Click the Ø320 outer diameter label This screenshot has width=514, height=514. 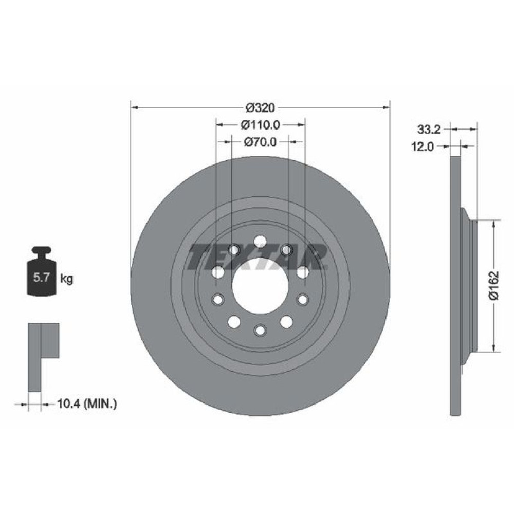[260, 107]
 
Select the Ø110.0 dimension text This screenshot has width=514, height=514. [260, 124]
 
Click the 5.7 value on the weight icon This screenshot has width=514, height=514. [41, 279]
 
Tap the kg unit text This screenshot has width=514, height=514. [67, 279]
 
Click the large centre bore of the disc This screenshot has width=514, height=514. [260, 286]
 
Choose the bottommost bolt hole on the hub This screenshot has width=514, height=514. [260, 330]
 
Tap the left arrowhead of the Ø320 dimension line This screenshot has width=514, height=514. [135, 107]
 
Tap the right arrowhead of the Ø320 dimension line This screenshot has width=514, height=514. [386, 107]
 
